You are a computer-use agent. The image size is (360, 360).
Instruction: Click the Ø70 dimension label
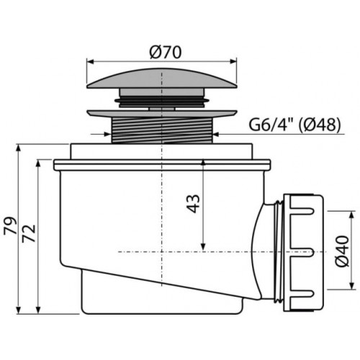(166, 53)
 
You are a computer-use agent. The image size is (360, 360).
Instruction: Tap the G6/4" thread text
(271, 125)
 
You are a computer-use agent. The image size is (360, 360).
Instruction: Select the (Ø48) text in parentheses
(320, 125)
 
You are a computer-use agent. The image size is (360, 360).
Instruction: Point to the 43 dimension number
(194, 204)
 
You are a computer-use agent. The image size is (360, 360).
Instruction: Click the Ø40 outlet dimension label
(342, 251)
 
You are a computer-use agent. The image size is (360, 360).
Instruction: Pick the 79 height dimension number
(11, 225)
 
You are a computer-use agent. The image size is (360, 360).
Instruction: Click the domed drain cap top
(162, 78)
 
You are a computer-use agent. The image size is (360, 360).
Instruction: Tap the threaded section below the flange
(162, 130)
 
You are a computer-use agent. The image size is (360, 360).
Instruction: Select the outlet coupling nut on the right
(303, 253)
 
